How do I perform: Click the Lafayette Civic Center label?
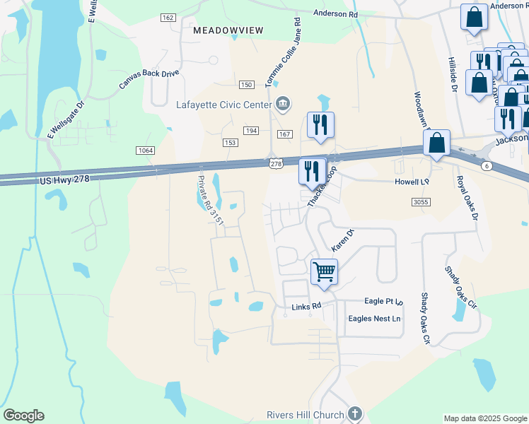click(x=223, y=105)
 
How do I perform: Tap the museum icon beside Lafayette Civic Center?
click(x=283, y=105)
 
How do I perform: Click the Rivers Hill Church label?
click(x=305, y=415)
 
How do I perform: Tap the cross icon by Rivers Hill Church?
click(x=355, y=414)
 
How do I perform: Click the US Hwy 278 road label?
click(x=65, y=180)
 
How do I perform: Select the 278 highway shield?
click(x=276, y=164)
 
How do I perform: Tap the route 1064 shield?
click(x=145, y=150)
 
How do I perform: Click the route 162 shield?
click(x=168, y=18)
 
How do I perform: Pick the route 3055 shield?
click(x=420, y=202)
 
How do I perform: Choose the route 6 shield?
click(x=486, y=165)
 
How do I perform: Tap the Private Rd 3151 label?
click(x=211, y=201)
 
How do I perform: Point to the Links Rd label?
click(x=306, y=307)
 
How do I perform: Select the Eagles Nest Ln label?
click(x=374, y=319)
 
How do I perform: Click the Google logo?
click(x=23, y=416)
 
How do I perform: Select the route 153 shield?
click(x=229, y=143)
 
